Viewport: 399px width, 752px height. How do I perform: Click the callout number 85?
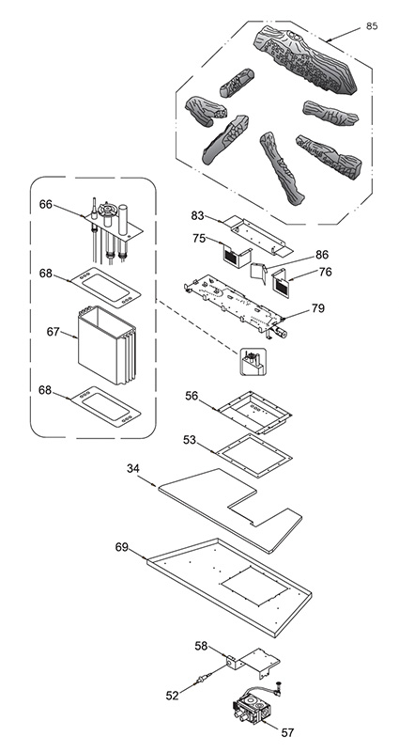pyautogui.click(x=372, y=26)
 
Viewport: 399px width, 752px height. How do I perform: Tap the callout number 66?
pyautogui.click(x=45, y=204)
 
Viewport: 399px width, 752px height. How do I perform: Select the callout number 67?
pyautogui.click(x=54, y=332)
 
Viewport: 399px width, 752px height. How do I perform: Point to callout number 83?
pyautogui.click(x=198, y=216)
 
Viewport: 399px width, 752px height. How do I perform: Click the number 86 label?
pyautogui.click(x=322, y=255)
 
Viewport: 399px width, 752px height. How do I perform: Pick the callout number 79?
pyautogui.click(x=317, y=308)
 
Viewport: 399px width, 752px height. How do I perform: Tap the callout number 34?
pyautogui.click(x=133, y=468)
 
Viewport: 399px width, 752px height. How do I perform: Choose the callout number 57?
pyautogui.click(x=287, y=732)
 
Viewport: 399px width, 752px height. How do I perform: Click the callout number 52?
pyautogui.click(x=173, y=695)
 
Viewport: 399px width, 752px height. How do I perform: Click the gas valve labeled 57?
pyautogui.click(x=252, y=703)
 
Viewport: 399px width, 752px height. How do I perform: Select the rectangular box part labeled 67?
pyautogui.click(x=106, y=345)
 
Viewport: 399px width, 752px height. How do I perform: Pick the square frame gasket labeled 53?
pyautogui.click(x=253, y=455)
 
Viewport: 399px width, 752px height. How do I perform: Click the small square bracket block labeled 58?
pyautogui.click(x=234, y=664)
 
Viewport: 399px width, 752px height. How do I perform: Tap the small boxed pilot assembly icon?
pyautogui.click(x=253, y=362)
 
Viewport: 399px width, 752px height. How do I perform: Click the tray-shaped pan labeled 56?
pyautogui.click(x=254, y=411)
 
